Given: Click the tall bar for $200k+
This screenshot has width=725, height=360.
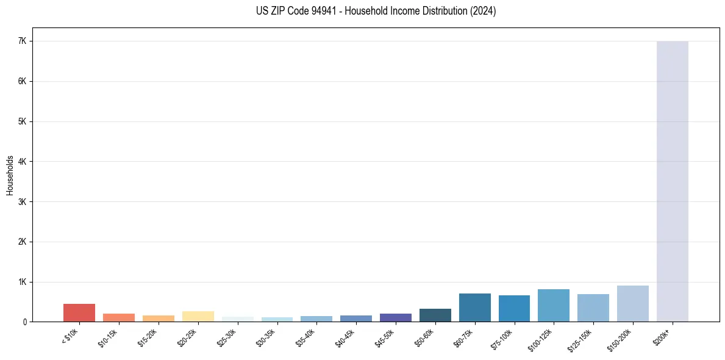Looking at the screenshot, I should [672, 183].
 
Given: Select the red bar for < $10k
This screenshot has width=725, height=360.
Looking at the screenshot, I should [79, 312].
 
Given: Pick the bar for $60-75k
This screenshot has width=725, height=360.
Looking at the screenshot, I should [474, 308].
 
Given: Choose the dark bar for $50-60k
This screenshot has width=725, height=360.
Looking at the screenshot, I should [435, 315].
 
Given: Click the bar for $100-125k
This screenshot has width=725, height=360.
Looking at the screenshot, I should [554, 306].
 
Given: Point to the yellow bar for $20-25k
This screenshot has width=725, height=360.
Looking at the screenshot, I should [198, 317].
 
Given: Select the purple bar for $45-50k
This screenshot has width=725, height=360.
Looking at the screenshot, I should [395, 318].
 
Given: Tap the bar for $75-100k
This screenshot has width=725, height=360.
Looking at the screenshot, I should [514, 309].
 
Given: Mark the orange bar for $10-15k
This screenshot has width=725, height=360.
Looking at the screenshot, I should [118, 318].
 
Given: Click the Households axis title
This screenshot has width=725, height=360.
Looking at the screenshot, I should [10, 175].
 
